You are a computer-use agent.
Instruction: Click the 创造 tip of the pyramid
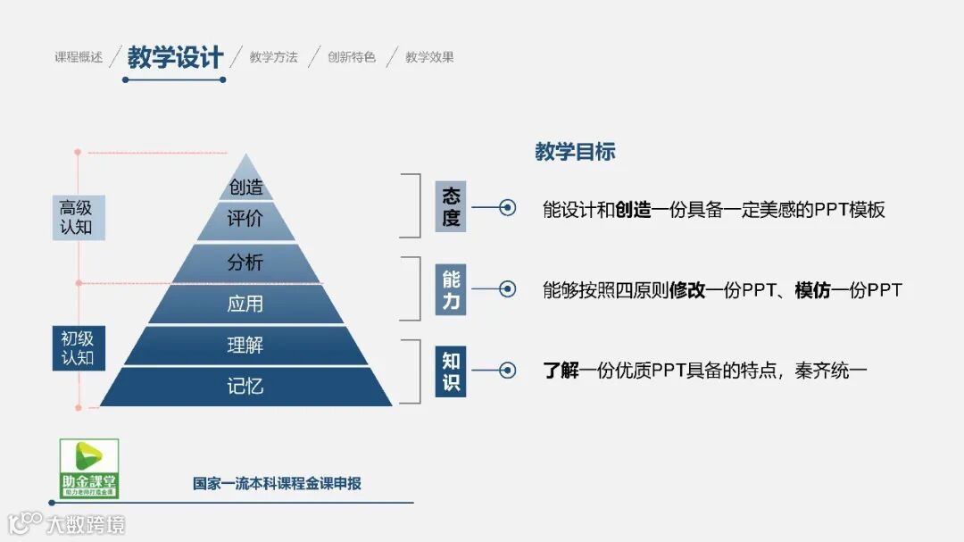pyautogui.click(x=245, y=186)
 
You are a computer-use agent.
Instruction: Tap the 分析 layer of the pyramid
pyautogui.click(x=245, y=263)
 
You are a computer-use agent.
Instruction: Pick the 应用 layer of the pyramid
pyautogui.click(x=245, y=304)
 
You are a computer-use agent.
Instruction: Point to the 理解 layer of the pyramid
pyautogui.click(x=245, y=346)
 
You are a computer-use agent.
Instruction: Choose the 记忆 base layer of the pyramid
pyautogui.click(x=245, y=387)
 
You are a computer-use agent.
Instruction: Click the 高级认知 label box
pyautogui.click(x=77, y=217)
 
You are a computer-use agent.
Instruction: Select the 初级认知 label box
pyautogui.click(x=77, y=348)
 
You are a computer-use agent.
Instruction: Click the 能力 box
pyautogui.click(x=451, y=289)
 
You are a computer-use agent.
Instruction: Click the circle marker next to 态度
pyautogui.click(x=507, y=208)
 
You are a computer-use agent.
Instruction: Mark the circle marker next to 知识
pyautogui.click(x=507, y=370)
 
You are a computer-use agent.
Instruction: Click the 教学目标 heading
pyautogui.click(x=575, y=152)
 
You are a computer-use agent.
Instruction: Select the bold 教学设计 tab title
pyautogui.click(x=175, y=58)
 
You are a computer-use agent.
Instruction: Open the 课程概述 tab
pyautogui.click(x=79, y=57)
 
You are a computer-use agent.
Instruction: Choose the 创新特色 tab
pyautogui.click(x=352, y=57)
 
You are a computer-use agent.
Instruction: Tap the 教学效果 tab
pyautogui.click(x=429, y=57)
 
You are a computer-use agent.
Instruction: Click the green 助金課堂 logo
pyautogui.click(x=89, y=468)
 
